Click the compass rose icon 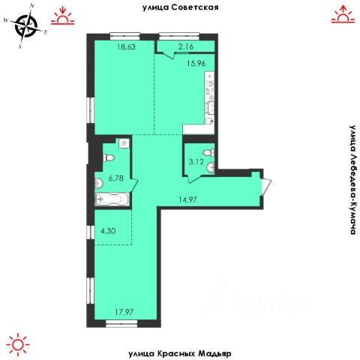25,25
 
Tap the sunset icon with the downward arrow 63,16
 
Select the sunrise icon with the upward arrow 343,14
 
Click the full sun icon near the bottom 18,344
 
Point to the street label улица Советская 181,7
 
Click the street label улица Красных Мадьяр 180,353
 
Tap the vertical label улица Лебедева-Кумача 352,180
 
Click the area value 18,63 127,46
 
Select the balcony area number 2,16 186,46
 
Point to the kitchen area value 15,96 196,63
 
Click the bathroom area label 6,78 116,178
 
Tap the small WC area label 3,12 196,162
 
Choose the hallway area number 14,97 187,199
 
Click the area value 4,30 108,230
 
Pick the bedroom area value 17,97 124,312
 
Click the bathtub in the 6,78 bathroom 112,199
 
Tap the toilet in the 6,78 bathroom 109,158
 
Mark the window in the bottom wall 121,323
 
